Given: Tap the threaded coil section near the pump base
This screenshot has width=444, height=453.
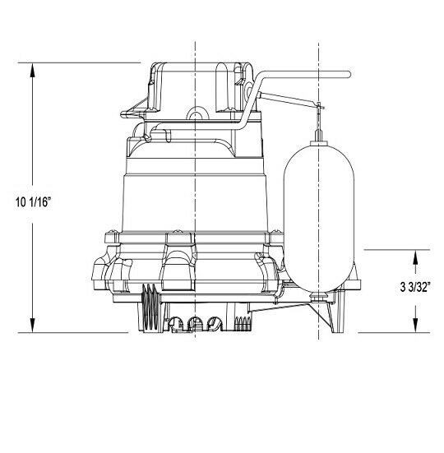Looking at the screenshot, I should (x=148, y=308).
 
